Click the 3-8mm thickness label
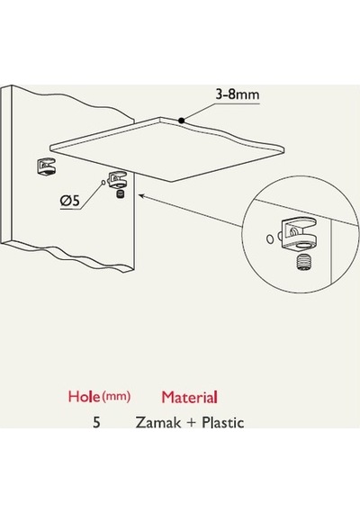click(238, 94)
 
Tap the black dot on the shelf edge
click(181, 121)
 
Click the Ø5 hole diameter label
click(69, 200)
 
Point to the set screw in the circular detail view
click(303, 262)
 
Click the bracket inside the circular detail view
click(298, 234)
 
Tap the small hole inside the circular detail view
click(269, 239)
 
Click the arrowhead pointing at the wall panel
click(141, 196)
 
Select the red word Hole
click(84, 396)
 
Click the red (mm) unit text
click(116, 397)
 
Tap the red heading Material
click(189, 397)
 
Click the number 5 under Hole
click(96, 422)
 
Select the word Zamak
click(158, 422)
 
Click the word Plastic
click(223, 422)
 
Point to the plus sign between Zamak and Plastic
click(191, 423)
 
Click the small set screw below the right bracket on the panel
click(121, 193)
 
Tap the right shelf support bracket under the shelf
click(118, 180)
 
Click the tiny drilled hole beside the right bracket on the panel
click(103, 182)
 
